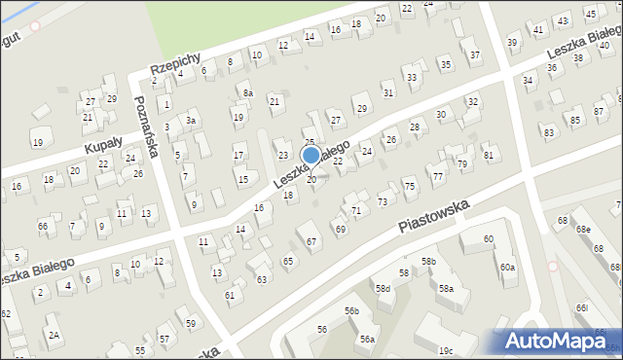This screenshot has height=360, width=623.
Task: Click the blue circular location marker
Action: click(311, 155)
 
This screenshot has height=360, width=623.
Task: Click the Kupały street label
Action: click(104, 143)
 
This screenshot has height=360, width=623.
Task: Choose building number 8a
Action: click(247, 92)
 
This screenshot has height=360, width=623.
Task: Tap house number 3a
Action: click(192, 120)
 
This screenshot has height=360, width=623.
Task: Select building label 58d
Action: click(384, 289)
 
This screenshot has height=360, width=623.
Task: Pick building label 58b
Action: click(428, 261)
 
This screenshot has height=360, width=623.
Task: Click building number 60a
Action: click(507, 267)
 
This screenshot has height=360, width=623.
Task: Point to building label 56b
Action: click(351, 310)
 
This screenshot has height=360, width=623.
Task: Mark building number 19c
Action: click(445, 350)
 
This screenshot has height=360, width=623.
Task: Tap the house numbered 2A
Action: click(55, 335)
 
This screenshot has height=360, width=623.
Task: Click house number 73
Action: click(382, 201)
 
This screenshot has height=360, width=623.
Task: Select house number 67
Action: click(311, 241)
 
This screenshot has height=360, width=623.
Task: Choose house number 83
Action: click(548, 131)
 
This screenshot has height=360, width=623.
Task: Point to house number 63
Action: click(261, 279)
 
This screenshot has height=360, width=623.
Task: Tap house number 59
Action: click(192, 323)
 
